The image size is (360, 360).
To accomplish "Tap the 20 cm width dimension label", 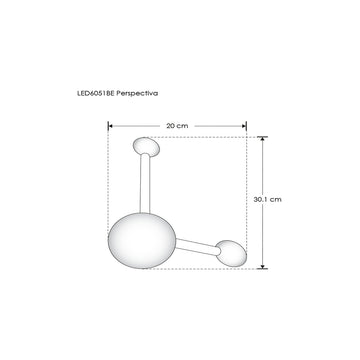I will (177, 116).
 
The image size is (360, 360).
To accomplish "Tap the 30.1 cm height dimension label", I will (268, 199).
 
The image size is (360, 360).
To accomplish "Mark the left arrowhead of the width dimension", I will (112, 125).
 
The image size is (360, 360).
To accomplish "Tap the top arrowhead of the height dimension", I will (263, 140).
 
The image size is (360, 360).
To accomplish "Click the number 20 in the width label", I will (171, 116).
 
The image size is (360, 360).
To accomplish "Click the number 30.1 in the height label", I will (262, 199).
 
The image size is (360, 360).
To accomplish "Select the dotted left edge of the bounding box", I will (109, 200).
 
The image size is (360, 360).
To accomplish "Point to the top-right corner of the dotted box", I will (247, 137).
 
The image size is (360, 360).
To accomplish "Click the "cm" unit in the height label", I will (277, 199).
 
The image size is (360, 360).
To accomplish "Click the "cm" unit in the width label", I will (183, 116).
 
